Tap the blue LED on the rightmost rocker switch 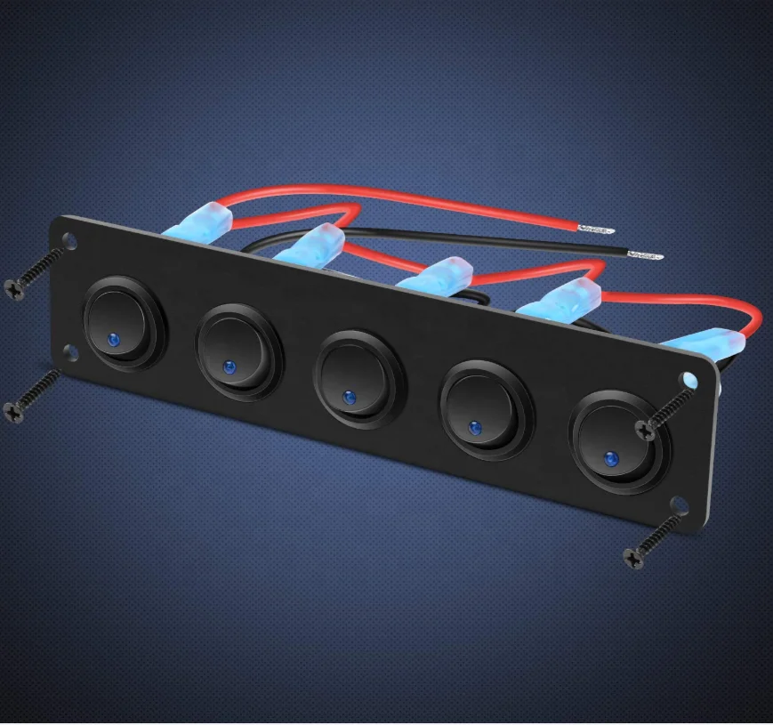click(x=611, y=459)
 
